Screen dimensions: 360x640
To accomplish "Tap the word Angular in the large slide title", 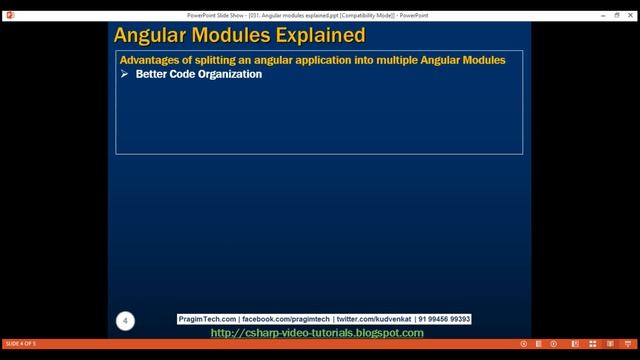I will [151, 36].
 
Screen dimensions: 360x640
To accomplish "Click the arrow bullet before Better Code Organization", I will [125, 74].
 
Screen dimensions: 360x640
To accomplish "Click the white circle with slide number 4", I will [125, 320].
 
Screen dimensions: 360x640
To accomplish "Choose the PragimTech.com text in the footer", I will [207, 319].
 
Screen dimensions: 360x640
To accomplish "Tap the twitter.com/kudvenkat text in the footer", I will [370, 319].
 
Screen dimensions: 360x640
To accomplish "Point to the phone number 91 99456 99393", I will [444, 319].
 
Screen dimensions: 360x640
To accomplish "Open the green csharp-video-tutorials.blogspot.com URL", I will [317, 332].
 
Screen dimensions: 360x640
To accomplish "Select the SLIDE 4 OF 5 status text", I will [21, 344].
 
